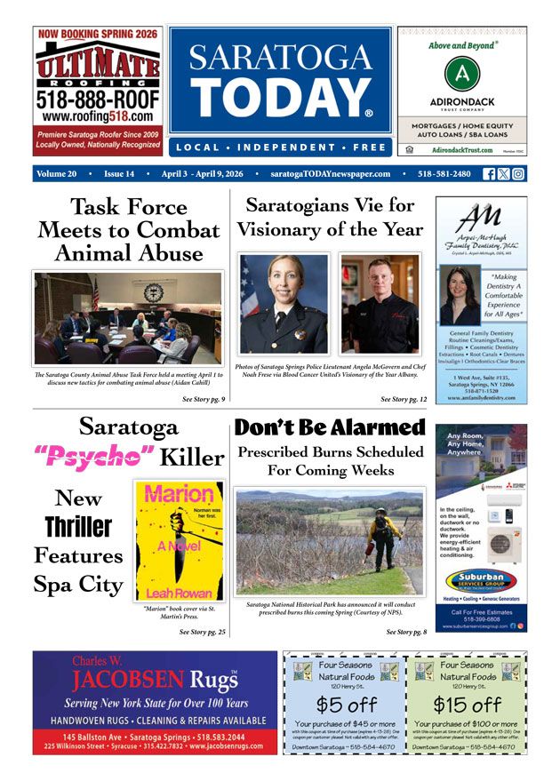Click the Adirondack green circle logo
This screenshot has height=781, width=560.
pyautogui.click(x=460, y=74)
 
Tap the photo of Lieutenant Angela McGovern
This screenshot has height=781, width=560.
pyautogui.click(x=284, y=304)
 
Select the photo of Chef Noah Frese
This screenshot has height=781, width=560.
pyautogui.click(x=380, y=304)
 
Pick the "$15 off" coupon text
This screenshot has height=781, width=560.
pyautogui.click(x=467, y=705)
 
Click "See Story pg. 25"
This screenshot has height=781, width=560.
pyautogui.click(x=203, y=632)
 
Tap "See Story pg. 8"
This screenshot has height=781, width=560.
pyautogui.click(x=406, y=632)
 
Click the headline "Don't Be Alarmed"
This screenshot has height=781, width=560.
pyautogui.click(x=330, y=427)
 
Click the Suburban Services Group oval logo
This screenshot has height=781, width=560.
pyautogui.click(x=481, y=581)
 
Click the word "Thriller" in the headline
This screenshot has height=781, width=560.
pyautogui.click(x=79, y=527)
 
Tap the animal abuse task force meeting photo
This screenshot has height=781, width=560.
pyautogui.click(x=128, y=317)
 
